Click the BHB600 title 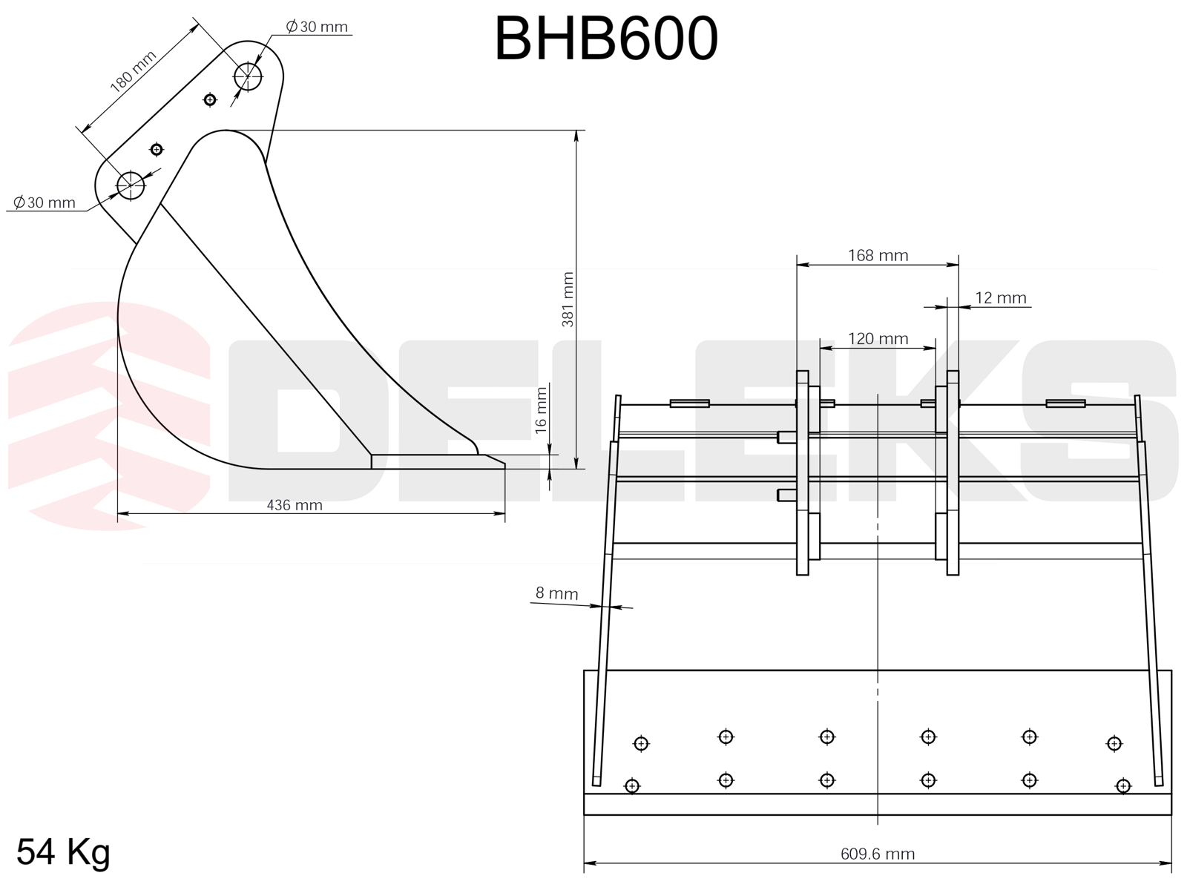(605, 39)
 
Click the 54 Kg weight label (64, 851)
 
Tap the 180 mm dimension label (133, 71)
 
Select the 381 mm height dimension (568, 299)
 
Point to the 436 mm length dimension (295, 505)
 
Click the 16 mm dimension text (541, 410)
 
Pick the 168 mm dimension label (878, 256)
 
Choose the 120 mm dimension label (878, 339)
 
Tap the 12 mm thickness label (1000, 298)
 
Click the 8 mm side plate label (556, 593)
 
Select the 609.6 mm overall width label (878, 854)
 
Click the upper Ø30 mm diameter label (317, 27)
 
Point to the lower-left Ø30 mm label (45, 202)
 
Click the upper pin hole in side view (248, 76)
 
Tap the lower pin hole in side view (131, 185)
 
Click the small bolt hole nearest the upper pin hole (210, 99)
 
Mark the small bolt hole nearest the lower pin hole (157, 150)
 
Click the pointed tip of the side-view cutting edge (504, 466)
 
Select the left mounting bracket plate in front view (802, 472)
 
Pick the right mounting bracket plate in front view (953, 472)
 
